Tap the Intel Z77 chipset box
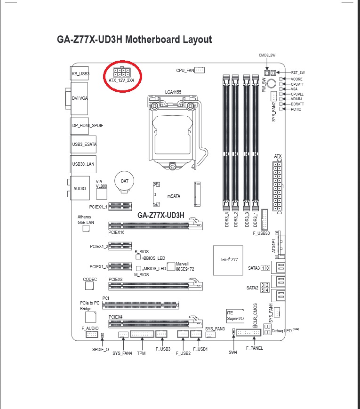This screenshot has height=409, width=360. click(x=228, y=260)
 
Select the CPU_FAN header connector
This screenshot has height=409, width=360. click(x=200, y=70)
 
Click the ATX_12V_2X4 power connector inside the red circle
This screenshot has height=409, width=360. click(x=121, y=72)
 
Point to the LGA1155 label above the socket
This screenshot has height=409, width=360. click(x=173, y=92)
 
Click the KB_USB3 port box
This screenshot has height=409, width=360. click(x=80, y=73)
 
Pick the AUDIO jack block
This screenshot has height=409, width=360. click(x=80, y=188)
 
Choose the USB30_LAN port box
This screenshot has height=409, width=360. click(x=83, y=164)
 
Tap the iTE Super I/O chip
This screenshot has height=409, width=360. click(x=235, y=316)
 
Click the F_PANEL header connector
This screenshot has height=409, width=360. click(x=248, y=333)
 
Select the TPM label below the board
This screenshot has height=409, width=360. click(x=141, y=353)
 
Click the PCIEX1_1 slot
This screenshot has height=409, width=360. click(x=120, y=207)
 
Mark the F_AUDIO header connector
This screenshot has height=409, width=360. click(x=92, y=334)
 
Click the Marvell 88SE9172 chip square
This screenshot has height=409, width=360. click(x=171, y=266)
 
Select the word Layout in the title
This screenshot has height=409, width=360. click(x=197, y=40)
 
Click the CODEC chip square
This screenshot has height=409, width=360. click(x=89, y=286)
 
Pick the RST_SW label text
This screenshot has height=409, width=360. click(x=298, y=72)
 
